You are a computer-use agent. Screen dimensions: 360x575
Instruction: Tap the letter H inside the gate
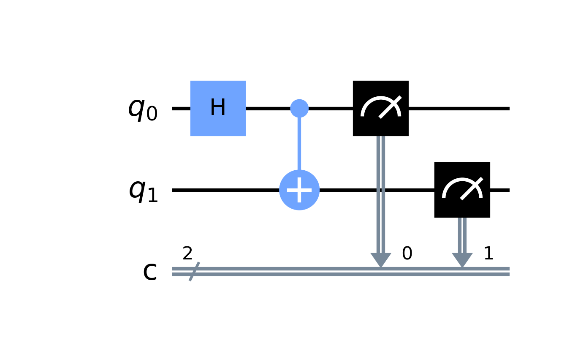tap(218, 108)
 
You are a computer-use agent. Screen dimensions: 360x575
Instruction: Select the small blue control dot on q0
tap(299, 108)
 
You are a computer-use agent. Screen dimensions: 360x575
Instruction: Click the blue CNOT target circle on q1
tap(299, 190)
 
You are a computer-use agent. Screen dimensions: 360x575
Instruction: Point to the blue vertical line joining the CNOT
tap(299, 144)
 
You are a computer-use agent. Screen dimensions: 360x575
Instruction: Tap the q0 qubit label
tap(143, 109)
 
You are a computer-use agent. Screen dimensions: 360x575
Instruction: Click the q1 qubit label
tap(143, 191)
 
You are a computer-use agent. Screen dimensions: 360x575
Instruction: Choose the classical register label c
tap(150, 273)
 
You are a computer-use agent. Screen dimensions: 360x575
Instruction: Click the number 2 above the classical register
tap(187, 254)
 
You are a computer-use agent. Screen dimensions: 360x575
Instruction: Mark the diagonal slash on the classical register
tap(194, 271)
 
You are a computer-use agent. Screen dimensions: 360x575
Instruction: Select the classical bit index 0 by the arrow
tap(407, 254)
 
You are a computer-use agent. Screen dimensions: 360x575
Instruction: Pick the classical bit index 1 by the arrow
tap(488, 254)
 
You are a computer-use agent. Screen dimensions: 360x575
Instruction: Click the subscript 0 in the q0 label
tap(152, 114)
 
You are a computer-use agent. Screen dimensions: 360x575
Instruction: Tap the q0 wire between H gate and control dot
tap(268, 108)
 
